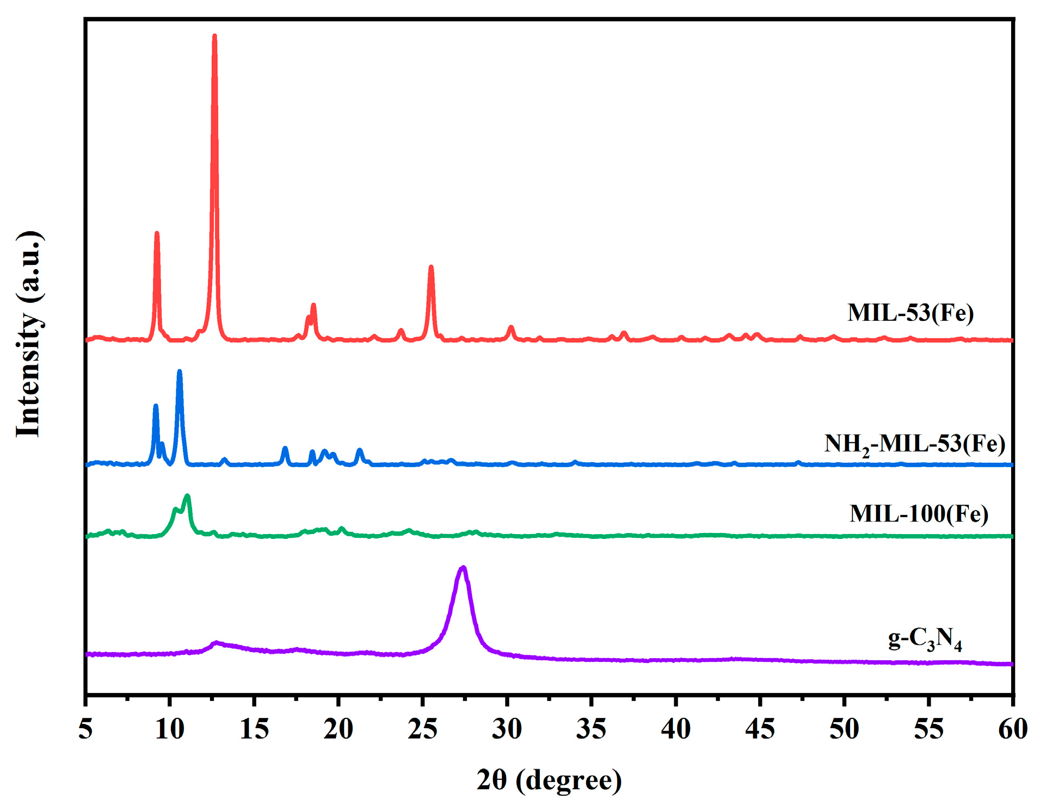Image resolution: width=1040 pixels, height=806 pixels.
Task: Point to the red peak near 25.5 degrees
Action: point(431,268)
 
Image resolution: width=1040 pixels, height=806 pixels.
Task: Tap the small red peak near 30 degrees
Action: point(510,327)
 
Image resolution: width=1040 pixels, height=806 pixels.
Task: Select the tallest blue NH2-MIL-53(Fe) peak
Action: point(180,372)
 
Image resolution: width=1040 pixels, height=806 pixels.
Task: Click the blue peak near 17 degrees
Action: point(285,449)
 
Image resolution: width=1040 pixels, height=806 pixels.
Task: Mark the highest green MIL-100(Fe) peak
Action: point(188,496)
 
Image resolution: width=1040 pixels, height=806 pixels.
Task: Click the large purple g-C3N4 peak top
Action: point(463,568)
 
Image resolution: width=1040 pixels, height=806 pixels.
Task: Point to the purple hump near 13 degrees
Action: point(217,643)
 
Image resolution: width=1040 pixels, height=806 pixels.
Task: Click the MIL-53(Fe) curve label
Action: point(910,313)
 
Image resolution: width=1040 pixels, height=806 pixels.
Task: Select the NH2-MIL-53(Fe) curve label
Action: point(914,444)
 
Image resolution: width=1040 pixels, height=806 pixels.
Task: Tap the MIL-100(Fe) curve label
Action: point(919,513)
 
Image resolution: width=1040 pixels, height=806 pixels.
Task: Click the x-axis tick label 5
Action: point(85,729)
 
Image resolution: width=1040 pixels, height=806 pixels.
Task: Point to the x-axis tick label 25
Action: point(422,729)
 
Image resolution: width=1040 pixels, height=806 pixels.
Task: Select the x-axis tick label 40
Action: point(675,729)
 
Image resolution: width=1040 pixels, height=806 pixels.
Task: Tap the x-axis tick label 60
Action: point(1012,729)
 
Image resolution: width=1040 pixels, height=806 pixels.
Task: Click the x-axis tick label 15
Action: point(254,729)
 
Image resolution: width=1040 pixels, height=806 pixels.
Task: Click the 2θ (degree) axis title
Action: point(549,780)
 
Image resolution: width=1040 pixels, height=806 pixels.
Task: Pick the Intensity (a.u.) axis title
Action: point(28,334)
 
